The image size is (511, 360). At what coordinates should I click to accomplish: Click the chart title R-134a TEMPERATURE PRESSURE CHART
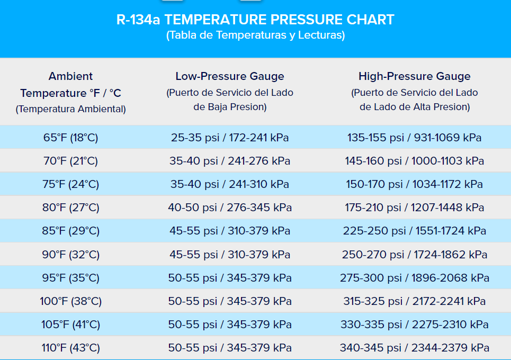[x=255, y=20]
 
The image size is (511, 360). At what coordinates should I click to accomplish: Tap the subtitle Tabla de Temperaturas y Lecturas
[x=255, y=35]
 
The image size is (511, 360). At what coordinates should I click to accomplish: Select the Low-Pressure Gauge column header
[x=230, y=76]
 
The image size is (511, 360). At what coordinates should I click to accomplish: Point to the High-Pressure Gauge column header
[x=415, y=76]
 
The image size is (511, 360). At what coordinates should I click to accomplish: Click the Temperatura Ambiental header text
[x=71, y=109]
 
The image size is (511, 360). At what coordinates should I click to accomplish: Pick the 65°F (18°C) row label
[x=71, y=138]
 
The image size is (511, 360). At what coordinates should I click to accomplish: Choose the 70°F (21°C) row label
[x=71, y=161]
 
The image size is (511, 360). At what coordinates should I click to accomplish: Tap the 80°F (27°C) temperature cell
[x=71, y=208]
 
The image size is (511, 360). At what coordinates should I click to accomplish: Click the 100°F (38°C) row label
[x=71, y=301]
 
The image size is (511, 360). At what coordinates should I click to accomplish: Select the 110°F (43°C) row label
[x=71, y=348]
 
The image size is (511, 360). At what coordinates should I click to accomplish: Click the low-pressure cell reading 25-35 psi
[x=230, y=138]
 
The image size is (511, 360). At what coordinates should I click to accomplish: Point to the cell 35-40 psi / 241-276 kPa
[x=230, y=161]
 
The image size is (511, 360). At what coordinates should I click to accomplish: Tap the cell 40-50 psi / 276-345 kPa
[x=230, y=208]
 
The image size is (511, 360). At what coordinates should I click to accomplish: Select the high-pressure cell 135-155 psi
[x=415, y=138]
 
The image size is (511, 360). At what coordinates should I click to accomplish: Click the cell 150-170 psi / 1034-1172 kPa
[x=415, y=184]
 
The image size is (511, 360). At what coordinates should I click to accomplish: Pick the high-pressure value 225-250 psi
[x=415, y=231]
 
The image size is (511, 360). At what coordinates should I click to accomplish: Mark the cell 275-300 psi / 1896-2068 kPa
[x=415, y=278]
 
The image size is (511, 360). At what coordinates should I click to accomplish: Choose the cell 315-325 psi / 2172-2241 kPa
[x=415, y=301]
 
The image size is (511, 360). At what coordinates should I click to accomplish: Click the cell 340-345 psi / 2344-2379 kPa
[x=415, y=348]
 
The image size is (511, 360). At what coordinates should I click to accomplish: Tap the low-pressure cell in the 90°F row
[x=230, y=255]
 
